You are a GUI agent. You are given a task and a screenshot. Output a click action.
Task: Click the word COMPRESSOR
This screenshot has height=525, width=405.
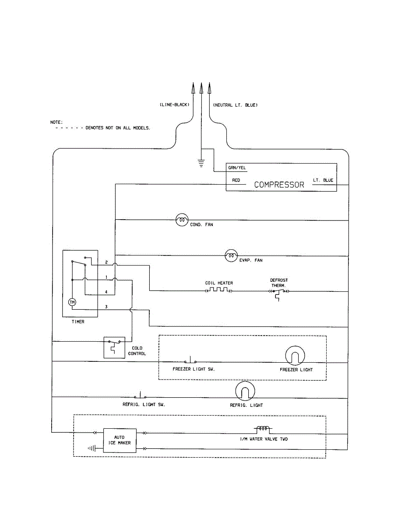(x=279, y=185)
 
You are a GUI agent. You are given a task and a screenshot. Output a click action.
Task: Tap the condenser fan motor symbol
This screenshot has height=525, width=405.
(x=182, y=220)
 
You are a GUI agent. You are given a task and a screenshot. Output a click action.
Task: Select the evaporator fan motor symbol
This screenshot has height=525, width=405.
(x=231, y=255)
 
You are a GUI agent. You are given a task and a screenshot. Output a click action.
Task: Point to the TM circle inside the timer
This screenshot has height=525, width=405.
(x=72, y=302)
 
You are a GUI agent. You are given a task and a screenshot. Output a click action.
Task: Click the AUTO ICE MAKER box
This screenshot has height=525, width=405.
(x=120, y=440)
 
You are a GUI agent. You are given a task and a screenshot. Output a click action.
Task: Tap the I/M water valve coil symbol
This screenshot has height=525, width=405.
(x=262, y=429)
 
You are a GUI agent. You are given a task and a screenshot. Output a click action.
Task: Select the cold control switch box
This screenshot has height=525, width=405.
(x=114, y=347)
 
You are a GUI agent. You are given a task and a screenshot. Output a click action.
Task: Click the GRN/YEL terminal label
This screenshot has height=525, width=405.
(x=236, y=168)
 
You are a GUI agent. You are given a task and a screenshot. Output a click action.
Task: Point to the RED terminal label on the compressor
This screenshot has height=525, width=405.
(x=236, y=180)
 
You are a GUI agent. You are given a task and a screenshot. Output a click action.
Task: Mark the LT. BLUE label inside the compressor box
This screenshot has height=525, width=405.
(x=323, y=180)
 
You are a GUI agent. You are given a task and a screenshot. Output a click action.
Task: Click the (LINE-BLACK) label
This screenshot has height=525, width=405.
(x=174, y=105)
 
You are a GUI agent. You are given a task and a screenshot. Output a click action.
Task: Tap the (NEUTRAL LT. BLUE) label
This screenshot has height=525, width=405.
(x=235, y=105)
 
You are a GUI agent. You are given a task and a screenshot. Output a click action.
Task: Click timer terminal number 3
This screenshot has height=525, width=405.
(x=106, y=307)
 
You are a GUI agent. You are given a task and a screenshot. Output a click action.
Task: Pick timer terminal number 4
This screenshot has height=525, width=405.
(x=106, y=291)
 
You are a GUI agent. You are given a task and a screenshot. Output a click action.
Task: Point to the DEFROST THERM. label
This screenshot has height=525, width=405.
(x=278, y=283)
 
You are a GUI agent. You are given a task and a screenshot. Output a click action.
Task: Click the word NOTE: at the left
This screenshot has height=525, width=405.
(x=56, y=122)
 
